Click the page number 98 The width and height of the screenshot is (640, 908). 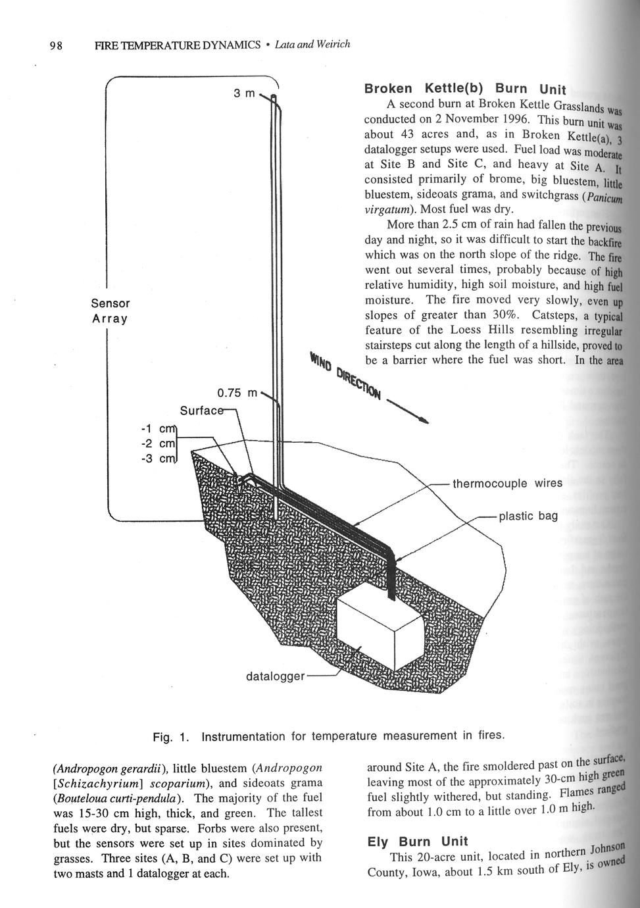tap(56, 45)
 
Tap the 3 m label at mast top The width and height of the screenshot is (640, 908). tap(244, 93)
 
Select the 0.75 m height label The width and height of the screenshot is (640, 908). tap(237, 393)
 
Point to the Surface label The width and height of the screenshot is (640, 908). tap(201, 411)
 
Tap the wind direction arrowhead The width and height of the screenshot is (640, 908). tap(425, 419)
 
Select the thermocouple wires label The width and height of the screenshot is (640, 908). tap(507, 484)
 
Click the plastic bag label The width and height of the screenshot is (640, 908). tap(528, 516)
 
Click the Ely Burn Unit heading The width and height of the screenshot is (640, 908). tap(417, 841)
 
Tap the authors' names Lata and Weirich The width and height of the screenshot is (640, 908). tap(312, 45)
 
